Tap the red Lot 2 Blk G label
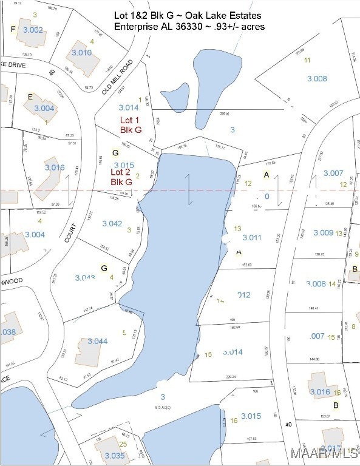[x=121, y=177]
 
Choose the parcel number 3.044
[x=97, y=342]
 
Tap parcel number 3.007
[x=333, y=174]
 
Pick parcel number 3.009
[x=323, y=232]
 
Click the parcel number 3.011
[x=251, y=237]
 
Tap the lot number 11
[x=307, y=60]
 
